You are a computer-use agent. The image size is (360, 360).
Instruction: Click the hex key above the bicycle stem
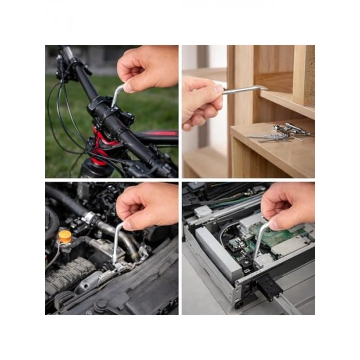pos(117,95)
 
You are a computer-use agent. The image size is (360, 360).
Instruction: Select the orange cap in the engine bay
pos(65,237)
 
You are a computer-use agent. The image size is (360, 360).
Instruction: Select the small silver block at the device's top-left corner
pos(203,211)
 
